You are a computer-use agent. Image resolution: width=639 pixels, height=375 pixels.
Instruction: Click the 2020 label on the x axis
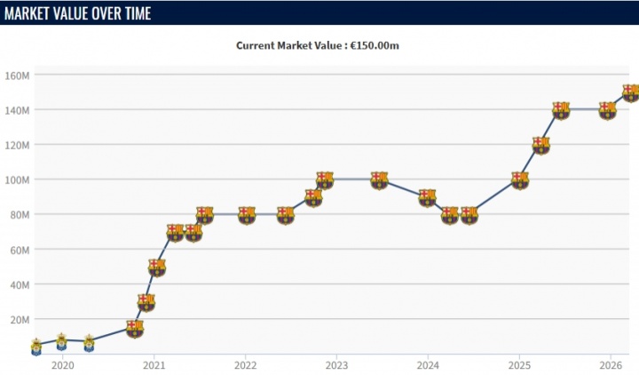[x=62, y=365]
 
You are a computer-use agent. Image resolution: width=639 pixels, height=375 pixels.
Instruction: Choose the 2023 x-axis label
[x=336, y=365]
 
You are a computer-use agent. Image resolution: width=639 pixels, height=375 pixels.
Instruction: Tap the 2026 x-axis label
[x=610, y=365]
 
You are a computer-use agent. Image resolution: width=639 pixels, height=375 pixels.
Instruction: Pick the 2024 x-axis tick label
[x=428, y=365]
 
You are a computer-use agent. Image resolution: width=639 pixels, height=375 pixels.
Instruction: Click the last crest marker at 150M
[x=630, y=92]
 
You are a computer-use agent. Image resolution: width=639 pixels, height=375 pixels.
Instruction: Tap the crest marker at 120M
[x=540, y=145]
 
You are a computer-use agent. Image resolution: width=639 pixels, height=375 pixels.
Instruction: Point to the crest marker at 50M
[x=157, y=267]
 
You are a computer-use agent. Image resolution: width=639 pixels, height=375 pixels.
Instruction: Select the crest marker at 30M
[x=146, y=302]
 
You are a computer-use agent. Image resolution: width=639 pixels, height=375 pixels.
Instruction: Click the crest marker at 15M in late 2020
[x=134, y=328]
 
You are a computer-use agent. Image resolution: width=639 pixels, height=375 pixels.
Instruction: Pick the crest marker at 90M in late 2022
[x=313, y=197]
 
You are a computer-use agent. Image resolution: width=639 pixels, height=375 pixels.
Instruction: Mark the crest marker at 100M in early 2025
[x=519, y=180]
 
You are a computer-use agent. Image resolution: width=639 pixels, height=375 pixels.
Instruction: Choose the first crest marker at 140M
[x=560, y=110]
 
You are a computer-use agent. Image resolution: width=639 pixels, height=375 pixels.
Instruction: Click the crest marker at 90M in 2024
[x=428, y=197]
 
